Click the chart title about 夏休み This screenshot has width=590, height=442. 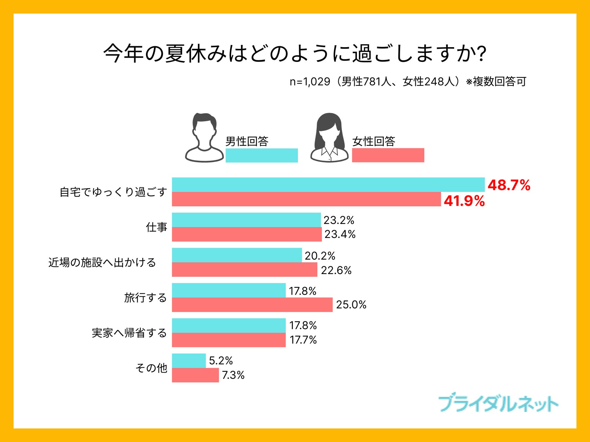295,53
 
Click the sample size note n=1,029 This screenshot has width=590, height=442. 408,82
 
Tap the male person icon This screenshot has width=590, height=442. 204,138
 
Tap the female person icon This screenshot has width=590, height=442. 329,138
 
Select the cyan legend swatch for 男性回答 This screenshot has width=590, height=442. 262,155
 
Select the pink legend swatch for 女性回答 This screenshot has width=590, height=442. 388,155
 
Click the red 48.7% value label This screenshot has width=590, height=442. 509,185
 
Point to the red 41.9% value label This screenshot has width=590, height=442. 464,201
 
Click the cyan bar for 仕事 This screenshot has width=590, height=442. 246,220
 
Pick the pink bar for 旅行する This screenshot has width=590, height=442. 252,304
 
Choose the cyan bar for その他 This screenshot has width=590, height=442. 189,361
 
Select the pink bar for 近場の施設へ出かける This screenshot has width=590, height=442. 245,269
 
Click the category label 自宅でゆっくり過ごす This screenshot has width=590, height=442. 113,192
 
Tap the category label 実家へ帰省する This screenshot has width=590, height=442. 129,333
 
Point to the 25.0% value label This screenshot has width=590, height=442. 351,305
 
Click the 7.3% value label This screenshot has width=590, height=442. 233,375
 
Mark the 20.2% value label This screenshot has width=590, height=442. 320,256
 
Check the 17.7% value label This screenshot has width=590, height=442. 303,340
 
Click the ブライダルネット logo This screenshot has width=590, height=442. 498,404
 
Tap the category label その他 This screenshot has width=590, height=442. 151,368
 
